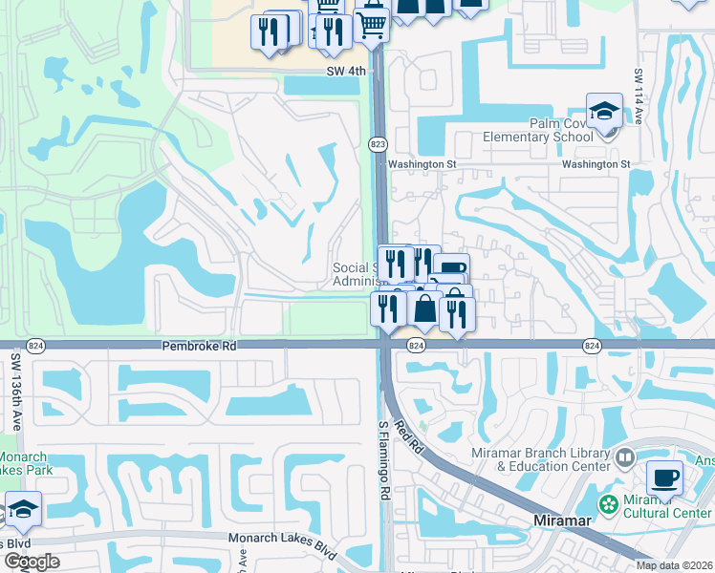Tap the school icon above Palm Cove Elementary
[604, 112]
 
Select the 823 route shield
[378, 143]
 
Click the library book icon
[626, 457]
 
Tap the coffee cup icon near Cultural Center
[664, 477]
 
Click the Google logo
[32, 562]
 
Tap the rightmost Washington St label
[596, 164]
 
